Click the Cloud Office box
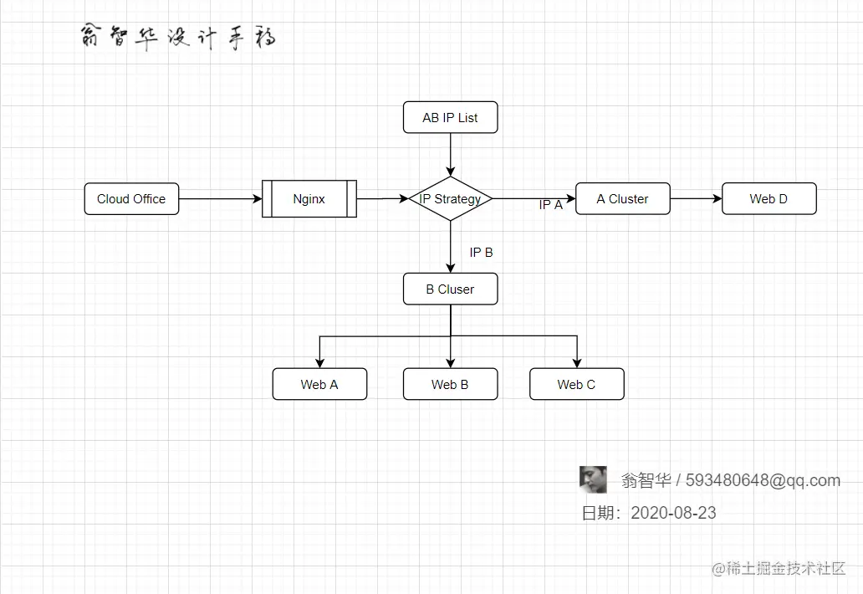coord(131,199)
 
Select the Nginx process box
coord(309,199)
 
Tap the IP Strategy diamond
coord(451,199)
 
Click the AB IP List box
coord(450,118)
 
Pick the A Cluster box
coord(622,199)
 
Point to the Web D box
coord(769,199)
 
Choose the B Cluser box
coord(450,289)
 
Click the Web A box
coord(319,385)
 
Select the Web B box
coord(450,385)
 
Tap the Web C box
coord(576,385)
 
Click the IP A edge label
coord(550,205)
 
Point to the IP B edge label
coord(481,253)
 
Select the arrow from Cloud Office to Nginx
coord(221,199)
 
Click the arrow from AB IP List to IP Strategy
coord(451,155)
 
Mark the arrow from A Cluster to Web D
coord(696,199)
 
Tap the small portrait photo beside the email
coord(593,479)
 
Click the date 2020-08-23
coord(673,513)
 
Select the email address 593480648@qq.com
coord(763,480)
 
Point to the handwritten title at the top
coord(178,38)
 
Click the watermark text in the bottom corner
coord(779,569)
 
